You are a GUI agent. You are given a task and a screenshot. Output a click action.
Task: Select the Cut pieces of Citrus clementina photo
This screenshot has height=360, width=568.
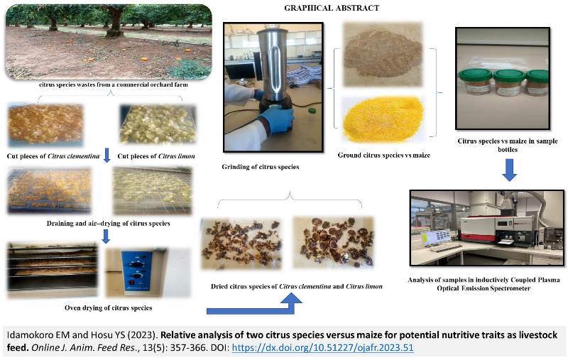pos(45,124)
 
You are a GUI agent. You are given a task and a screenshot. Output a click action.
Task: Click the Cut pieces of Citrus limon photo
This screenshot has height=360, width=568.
pos(158,124)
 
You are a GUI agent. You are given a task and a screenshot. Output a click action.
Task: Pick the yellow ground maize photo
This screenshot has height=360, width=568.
pos(382,119)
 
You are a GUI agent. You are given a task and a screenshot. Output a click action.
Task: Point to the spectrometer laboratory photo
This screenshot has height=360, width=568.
pos(488,228)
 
